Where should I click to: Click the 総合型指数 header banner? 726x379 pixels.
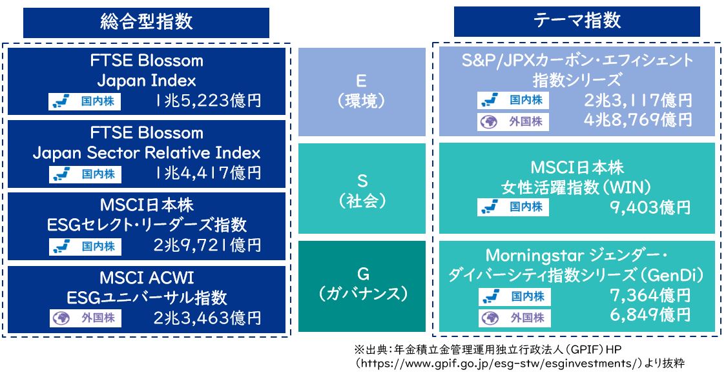coord(146,22)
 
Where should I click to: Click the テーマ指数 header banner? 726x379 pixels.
coord(576,21)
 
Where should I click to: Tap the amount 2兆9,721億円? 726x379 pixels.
coord(207,245)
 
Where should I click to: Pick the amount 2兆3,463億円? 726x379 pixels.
coord(207,318)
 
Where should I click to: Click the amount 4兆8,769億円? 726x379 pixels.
coord(638,120)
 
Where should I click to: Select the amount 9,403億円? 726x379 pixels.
coord(650,208)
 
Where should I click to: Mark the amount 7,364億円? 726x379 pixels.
coord(650,295)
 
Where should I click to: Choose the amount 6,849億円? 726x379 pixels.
coord(650,315)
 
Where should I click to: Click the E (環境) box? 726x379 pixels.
coord(362,92)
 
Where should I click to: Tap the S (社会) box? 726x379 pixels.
coord(362,189)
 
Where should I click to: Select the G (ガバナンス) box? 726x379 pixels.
coord(362,286)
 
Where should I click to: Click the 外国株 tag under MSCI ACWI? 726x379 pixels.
coord(86,318)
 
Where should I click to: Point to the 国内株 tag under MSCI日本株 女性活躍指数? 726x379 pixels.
coord(513,207)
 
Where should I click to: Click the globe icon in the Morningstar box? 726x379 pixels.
coord(490,318)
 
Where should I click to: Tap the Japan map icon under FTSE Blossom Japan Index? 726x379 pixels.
coord(61,101)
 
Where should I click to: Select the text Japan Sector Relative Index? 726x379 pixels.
coord(147,153)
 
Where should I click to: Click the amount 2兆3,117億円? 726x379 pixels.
coord(638,101)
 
